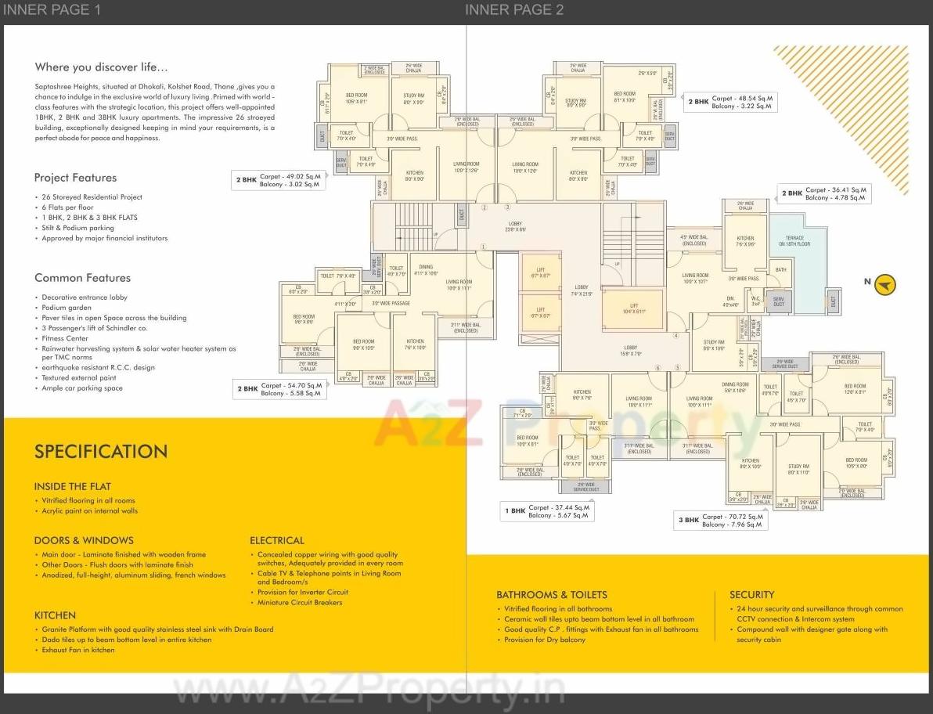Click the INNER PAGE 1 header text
tap(52, 10)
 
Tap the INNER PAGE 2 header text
tap(514, 10)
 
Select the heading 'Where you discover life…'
tap(101, 67)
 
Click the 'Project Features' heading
tap(75, 178)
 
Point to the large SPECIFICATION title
tap(100, 452)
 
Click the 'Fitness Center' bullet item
tap(65, 339)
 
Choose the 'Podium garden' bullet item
tap(67, 308)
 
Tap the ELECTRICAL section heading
tap(276, 540)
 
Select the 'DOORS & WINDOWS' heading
tap(84, 540)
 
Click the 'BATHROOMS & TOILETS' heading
tap(551, 595)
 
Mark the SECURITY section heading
tap(751, 595)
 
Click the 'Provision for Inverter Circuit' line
tap(302, 593)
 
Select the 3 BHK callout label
tap(688, 520)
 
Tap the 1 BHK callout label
tap(514, 511)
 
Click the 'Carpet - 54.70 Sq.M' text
tap(291, 385)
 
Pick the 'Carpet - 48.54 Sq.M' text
tap(742, 99)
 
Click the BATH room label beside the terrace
tap(780, 270)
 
